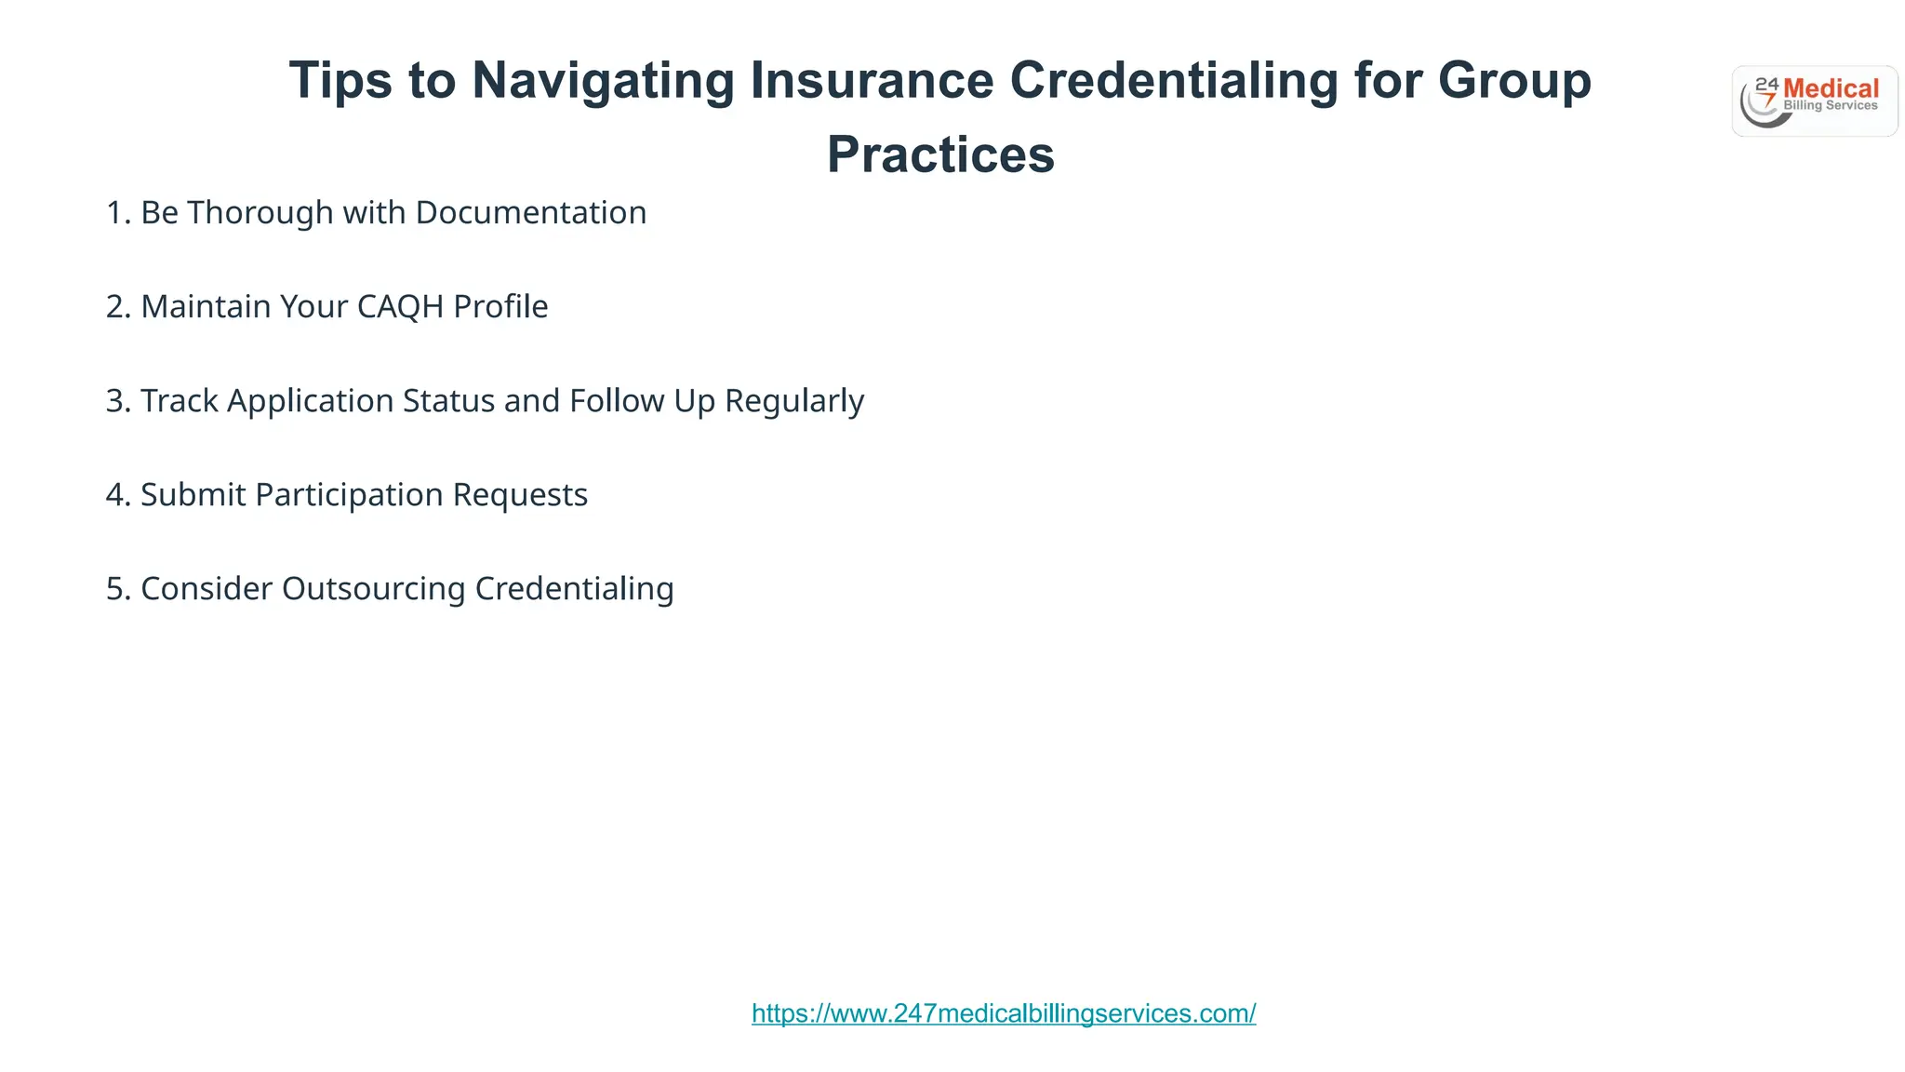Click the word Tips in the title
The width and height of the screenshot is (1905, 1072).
340,81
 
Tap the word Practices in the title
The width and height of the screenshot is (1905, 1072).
940,154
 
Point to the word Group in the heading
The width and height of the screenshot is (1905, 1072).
1514,81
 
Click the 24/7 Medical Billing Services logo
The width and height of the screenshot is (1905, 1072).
1814,101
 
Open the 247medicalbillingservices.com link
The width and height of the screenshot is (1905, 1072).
1004,1013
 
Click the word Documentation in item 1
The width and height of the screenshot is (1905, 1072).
531,213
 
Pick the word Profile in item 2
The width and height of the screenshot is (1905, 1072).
500,307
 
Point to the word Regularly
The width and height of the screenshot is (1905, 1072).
794,402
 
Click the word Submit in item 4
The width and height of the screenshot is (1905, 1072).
193,495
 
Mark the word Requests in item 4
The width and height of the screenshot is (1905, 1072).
520,495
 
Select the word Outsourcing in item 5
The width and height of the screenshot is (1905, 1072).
373,589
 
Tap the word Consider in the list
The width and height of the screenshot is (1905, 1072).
206,589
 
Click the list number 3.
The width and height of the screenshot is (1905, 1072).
115,401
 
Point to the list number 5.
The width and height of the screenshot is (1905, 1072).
115,589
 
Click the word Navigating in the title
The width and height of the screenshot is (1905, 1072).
603,81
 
